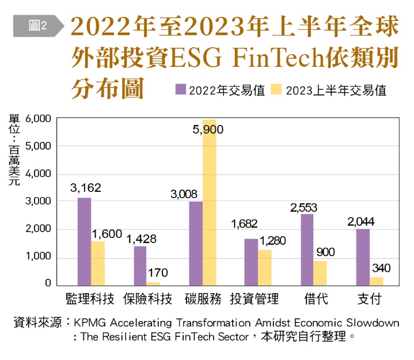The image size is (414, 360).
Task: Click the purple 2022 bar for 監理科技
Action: point(84,241)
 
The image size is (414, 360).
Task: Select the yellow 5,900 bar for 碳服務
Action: point(210,202)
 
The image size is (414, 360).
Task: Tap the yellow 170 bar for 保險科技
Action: point(153,283)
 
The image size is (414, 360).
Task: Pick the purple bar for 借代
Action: point(307,249)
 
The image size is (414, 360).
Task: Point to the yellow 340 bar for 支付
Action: point(377,281)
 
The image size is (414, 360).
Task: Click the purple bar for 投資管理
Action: point(251,262)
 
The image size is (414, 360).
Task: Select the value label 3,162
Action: point(85,188)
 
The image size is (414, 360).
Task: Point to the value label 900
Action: point(325,252)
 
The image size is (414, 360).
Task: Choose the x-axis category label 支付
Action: point(369,300)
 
